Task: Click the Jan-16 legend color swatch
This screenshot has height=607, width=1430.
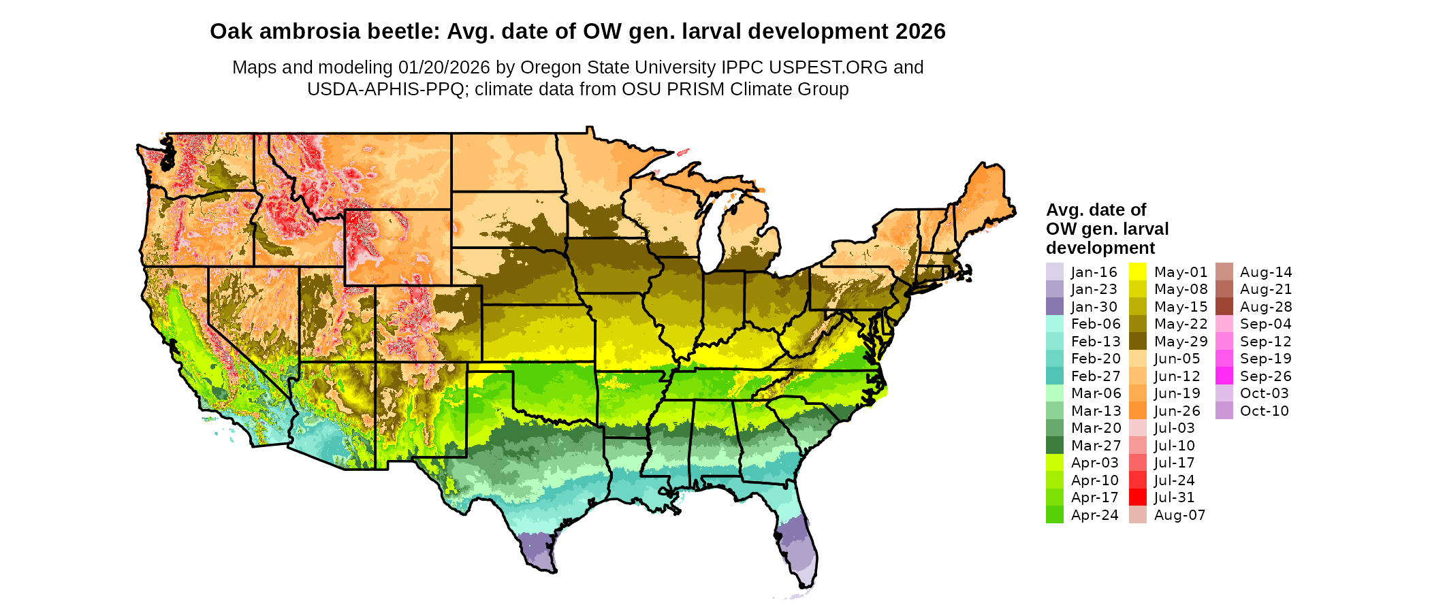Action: coord(1054,272)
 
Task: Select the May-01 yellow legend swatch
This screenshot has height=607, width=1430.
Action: coord(1137,272)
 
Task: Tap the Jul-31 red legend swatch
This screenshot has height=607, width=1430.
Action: coord(1137,497)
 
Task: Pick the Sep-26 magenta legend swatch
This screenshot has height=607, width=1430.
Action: coord(1224,376)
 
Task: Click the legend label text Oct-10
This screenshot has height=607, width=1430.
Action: coord(1264,410)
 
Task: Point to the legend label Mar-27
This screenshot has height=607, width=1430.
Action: coord(1094,445)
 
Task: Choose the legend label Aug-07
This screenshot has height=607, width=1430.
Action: coord(1179,515)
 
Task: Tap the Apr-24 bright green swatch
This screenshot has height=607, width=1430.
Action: coord(1054,515)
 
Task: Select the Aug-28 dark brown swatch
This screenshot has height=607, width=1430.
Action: coord(1224,306)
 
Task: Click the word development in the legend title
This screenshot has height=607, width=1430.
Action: coord(1100,248)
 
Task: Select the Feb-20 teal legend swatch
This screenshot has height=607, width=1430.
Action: coord(1054,359)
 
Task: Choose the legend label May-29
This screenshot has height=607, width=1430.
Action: coord(1180,341)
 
